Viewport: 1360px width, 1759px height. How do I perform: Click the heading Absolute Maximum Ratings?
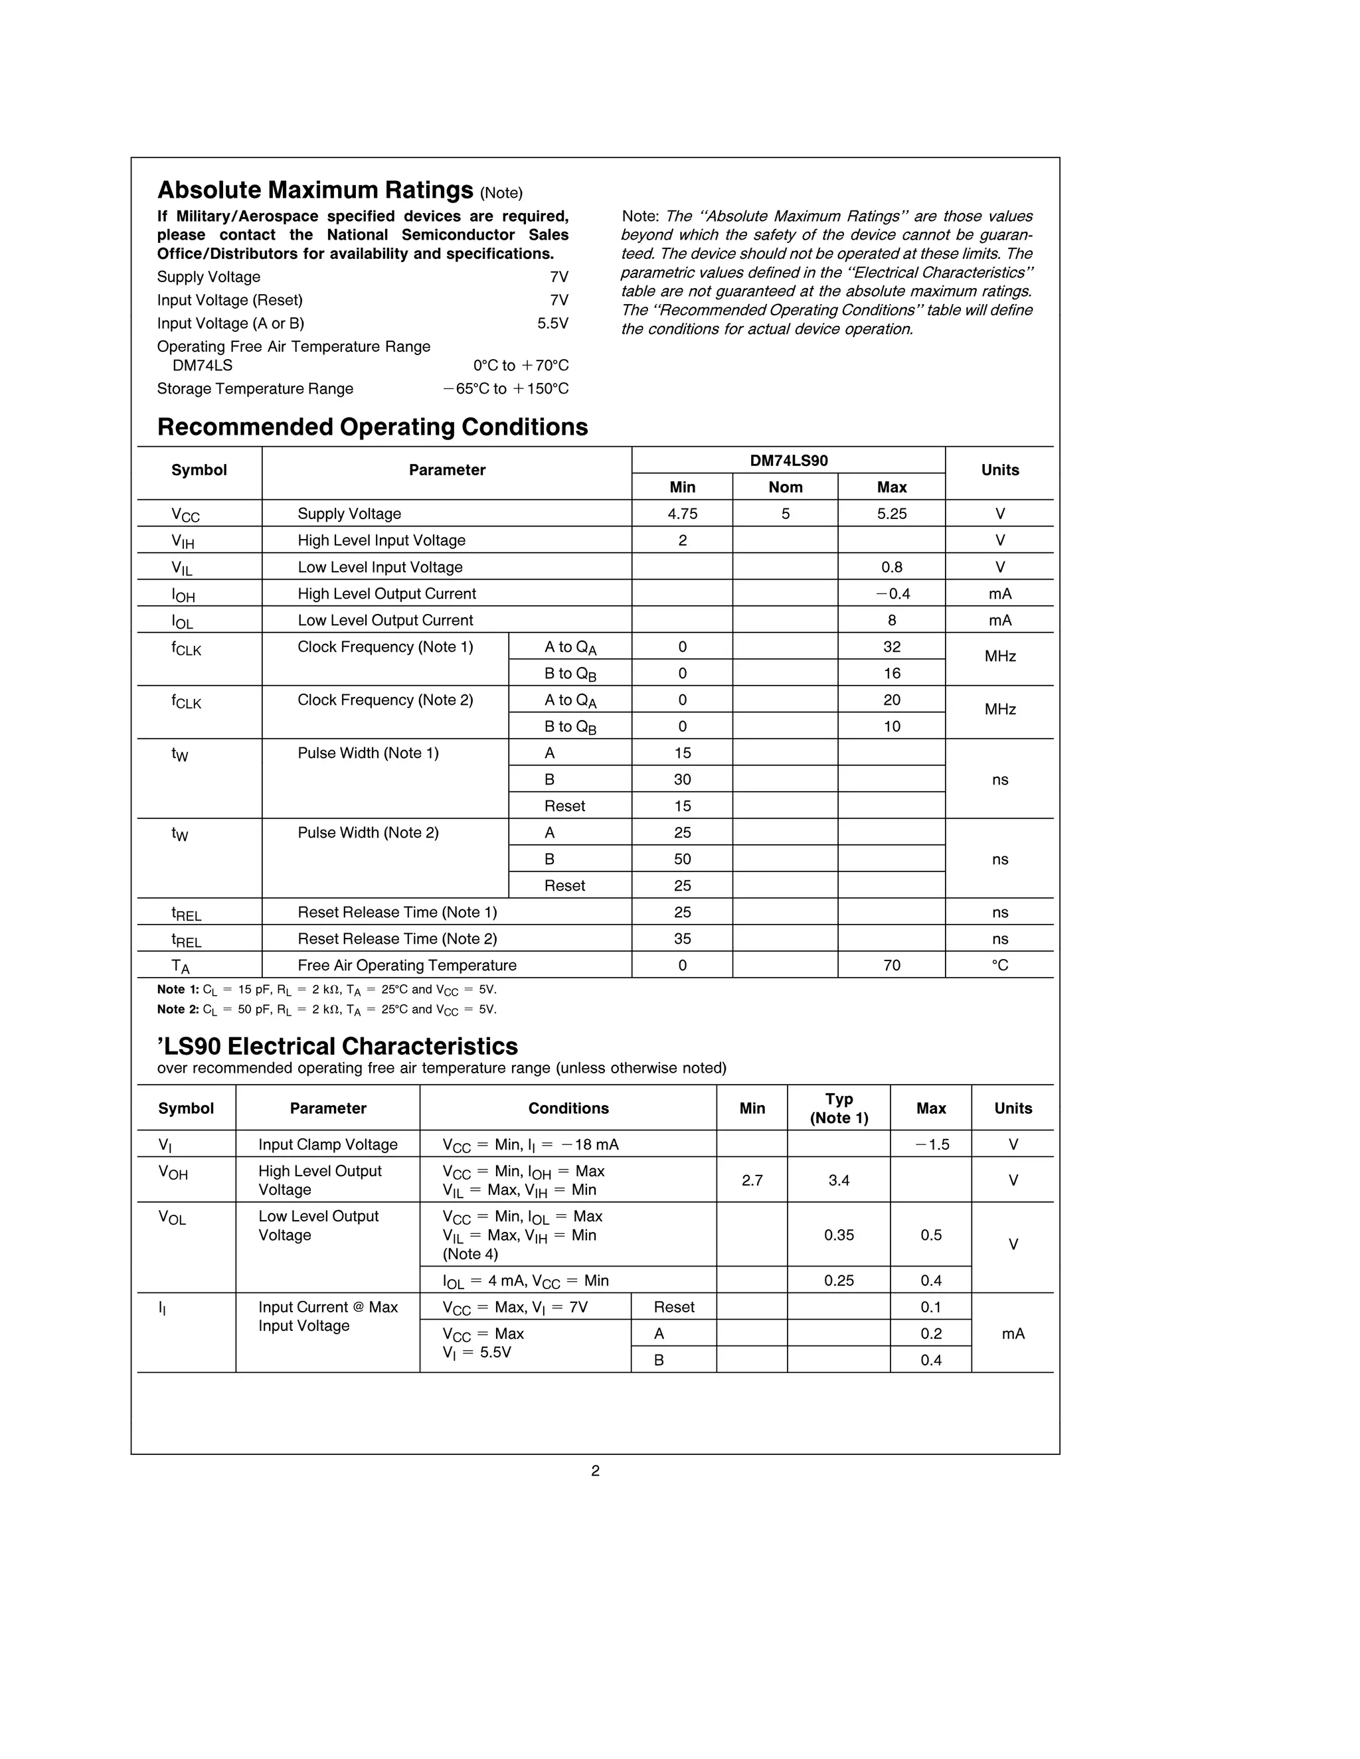315,190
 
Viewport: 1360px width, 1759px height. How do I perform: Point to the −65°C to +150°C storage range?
505,389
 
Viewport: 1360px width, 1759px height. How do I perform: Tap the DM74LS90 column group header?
788,461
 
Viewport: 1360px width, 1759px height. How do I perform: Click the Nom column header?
785,487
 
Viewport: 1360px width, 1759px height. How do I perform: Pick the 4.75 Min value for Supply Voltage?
683,514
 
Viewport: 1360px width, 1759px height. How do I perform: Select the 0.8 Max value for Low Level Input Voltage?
891,567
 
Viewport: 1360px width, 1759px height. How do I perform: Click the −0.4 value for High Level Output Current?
891,593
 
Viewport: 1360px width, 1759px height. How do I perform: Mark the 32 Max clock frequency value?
891,647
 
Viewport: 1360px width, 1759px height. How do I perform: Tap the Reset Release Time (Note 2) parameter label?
397,939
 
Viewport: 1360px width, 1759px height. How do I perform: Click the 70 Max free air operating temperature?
891,966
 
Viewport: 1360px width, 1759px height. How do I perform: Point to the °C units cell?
1000,966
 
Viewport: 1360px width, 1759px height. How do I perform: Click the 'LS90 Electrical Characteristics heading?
337,1046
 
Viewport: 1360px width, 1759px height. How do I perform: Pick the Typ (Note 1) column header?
839,1109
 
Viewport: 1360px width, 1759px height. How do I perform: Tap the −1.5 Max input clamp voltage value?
932,1144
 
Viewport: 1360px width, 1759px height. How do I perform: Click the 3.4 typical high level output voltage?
839,1181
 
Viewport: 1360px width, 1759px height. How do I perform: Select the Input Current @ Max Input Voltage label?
327,1316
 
